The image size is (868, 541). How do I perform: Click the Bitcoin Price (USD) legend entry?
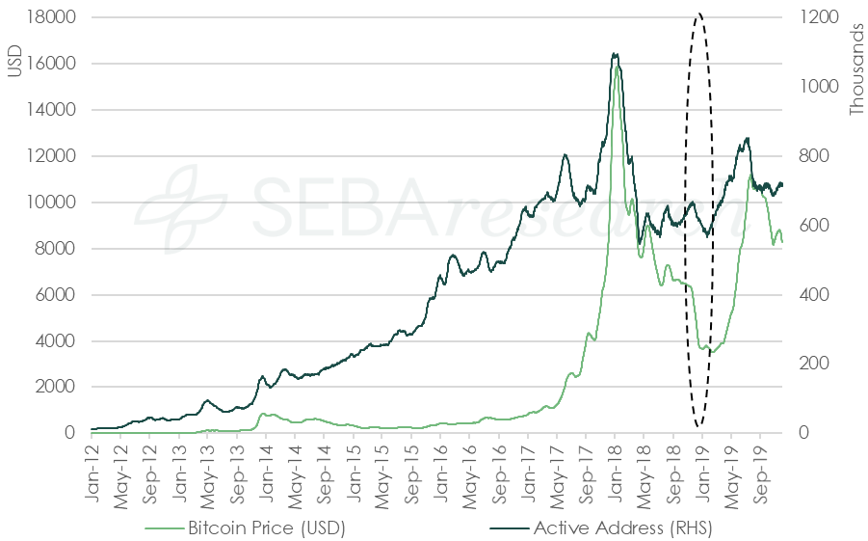pos(266,527)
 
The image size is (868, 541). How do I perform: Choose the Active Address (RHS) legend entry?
pos(622,527)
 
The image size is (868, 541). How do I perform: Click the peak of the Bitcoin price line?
pos(617,67)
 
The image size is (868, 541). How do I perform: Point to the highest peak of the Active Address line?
pos(616,54)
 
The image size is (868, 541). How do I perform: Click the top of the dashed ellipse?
pos(698,14)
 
